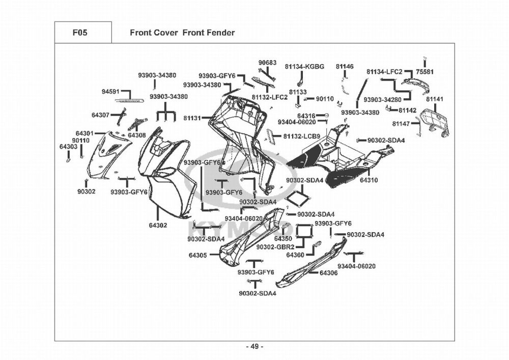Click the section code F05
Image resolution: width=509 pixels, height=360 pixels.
(x=80, y=33)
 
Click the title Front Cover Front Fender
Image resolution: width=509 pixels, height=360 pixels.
(x=182, y=33)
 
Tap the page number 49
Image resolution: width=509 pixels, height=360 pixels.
(x=255, y=347)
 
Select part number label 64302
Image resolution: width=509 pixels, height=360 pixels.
(x=158, y=225)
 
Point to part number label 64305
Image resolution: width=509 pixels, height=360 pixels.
(x=197, y=255)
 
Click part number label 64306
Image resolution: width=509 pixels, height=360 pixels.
(x=328, y=273)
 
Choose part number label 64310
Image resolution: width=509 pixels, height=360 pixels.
(x=369, y=180)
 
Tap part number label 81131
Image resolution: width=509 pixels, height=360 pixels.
(x=192, y=118)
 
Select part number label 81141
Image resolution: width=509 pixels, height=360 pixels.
(x=434, y=99)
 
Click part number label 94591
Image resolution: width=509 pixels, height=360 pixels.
(x=110, y=92)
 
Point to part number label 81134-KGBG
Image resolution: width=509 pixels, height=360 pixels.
(x=304, y=67)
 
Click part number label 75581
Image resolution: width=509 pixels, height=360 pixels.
(x=425, y=72)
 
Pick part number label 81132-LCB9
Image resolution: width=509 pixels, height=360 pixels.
(x=301, y=136)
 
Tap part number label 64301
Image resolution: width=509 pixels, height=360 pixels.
(x=84, y=133)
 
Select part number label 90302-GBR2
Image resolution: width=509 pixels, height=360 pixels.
(x=275, y=247)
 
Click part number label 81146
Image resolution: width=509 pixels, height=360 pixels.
(x=345, y=67)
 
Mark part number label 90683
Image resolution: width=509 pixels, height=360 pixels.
(x=268, y=62)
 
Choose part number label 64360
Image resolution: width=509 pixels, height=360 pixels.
(x=295, y=255)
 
